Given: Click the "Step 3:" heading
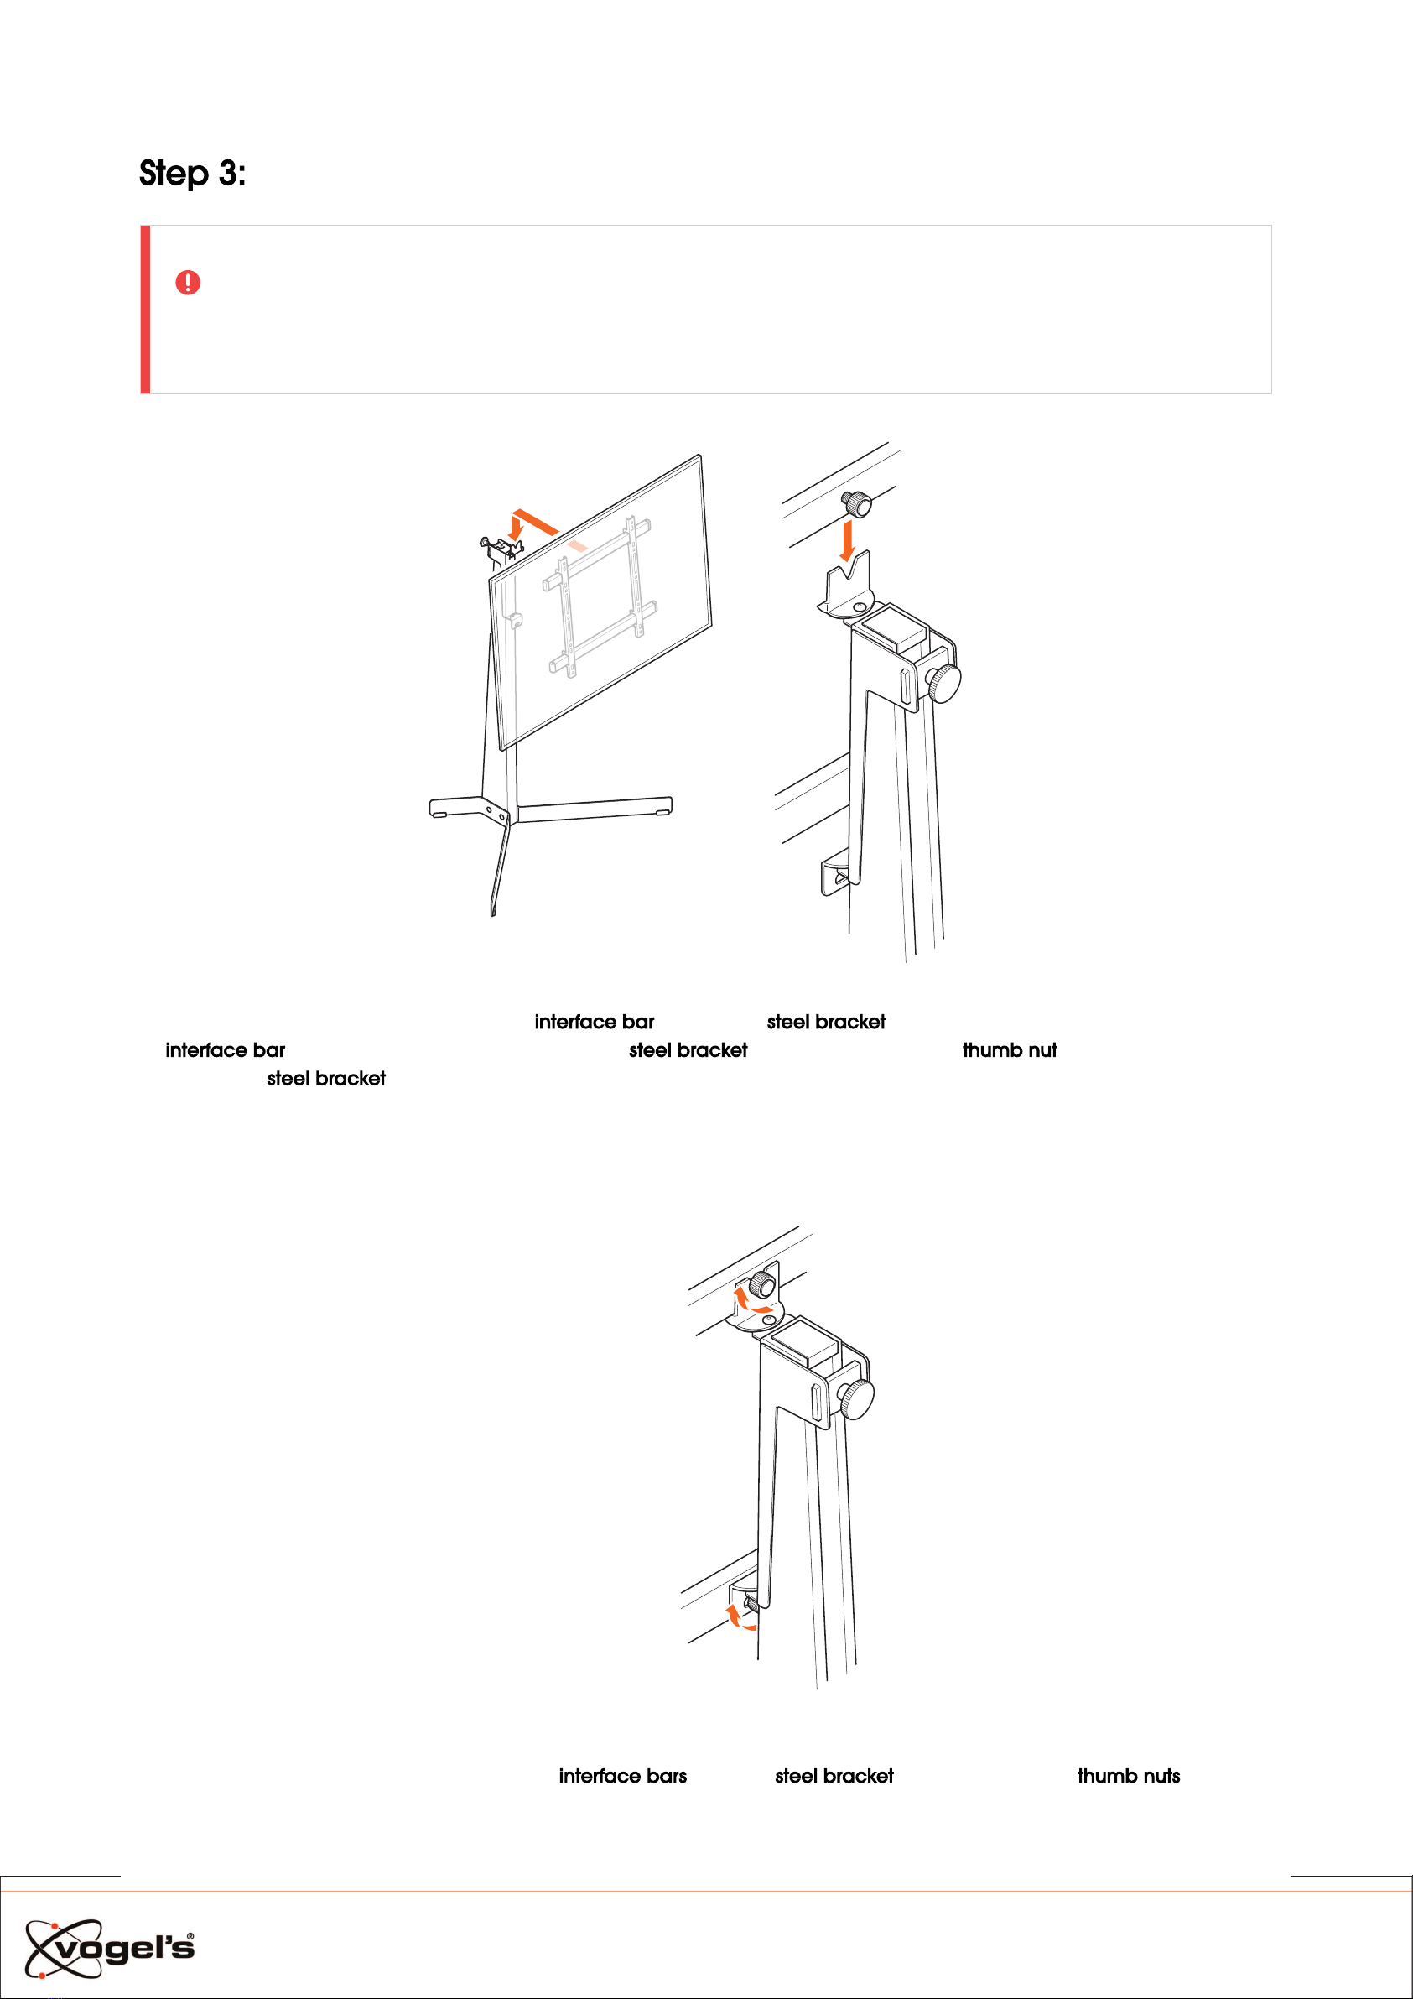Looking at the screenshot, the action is pyautogui.click(x=192, y=173).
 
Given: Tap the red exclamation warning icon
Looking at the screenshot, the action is pyautogui.click(x=188, y=282).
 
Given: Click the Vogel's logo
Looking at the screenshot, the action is pyautogui.click(x=110, y=1948).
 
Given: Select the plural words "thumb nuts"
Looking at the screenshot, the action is pyautogui.click(x=1129, y=1776).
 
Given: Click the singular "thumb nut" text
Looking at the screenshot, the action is pyautogui.click(x=1010, y=1050).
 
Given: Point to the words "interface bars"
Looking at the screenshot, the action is pyautogui.click(x=622, y=1776).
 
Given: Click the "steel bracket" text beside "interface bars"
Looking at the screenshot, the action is pyautogui.click(x=834, y=1776).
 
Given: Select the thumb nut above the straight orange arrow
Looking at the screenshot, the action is pyautogui.click(x=857, y=503).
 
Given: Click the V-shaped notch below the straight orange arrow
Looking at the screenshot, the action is pyautogui.click(x=847, y=579).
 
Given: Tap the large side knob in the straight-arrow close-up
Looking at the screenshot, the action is pyautogui.click(x=943, y=684).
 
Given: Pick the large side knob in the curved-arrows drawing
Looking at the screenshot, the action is pyautogui.click(x=857, y=1399).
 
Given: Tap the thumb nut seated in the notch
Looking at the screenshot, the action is pyautogui.click(x=762, y=1284).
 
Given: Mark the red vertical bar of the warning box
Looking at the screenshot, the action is pyautogui.click(x=145, y=310).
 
